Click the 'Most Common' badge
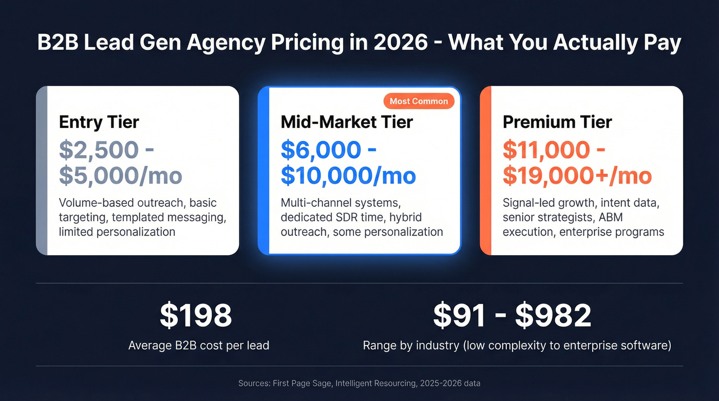419,101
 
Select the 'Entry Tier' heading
99,122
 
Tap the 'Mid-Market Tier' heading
347,122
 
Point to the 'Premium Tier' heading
557,122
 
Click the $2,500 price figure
99,150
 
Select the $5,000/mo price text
121,176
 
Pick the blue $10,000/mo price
348,176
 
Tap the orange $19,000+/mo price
577,176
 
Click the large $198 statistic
196,315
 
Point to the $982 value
553,315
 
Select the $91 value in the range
459,315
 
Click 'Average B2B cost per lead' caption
199,345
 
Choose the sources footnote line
359,383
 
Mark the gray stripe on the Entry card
42,170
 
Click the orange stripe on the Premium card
486,170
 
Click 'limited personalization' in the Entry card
117,232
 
